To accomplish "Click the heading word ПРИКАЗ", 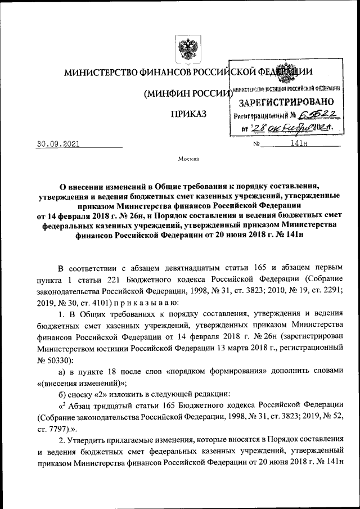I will tap(188, 115).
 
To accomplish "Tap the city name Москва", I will tap(188, 159).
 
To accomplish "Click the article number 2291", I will tap(327, 292).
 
